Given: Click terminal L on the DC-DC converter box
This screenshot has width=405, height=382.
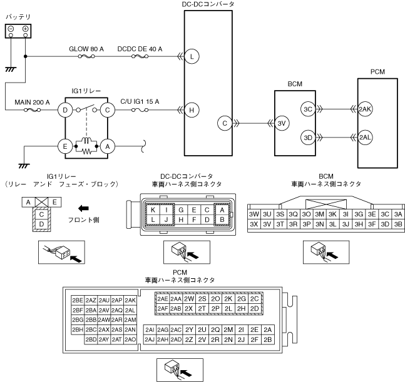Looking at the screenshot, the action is [192, 56].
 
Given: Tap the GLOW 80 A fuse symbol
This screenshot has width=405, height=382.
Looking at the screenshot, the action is [86, 56].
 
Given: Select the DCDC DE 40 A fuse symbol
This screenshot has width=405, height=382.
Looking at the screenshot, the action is [140, 56].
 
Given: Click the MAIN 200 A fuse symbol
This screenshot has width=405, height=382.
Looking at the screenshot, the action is [33, 110].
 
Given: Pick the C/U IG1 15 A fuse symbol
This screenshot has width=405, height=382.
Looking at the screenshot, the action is [140, 110].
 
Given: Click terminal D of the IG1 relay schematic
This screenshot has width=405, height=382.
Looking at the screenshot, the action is [65, 110].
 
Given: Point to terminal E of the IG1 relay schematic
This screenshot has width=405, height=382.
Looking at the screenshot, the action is [65, 146].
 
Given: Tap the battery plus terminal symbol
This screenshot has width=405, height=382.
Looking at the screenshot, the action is [25, 29].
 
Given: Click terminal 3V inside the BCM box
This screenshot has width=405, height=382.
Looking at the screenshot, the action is [282, 123].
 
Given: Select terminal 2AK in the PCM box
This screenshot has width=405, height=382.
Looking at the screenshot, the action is [365, 109].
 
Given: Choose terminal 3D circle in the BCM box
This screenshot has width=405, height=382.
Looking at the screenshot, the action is [308, 138].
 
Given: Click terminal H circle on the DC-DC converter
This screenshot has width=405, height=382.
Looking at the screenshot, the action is [192, 110].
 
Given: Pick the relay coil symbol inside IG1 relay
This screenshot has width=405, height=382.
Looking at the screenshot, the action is [86, 141].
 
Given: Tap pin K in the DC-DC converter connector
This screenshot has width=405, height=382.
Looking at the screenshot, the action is [153, 210].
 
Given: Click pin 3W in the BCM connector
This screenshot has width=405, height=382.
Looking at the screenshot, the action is [254, 214].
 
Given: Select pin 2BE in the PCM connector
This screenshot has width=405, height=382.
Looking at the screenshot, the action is [78, 301].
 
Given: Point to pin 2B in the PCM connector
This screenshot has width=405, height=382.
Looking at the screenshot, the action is [267, 339].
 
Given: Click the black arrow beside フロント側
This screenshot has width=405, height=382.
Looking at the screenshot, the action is [83, 208].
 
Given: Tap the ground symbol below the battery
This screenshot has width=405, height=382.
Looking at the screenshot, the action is [11, 69].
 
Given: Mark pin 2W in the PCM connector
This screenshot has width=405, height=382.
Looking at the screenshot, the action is [189, 299].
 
